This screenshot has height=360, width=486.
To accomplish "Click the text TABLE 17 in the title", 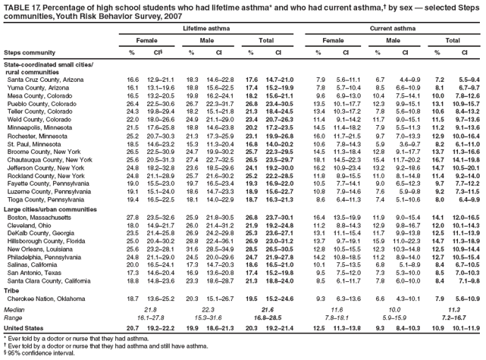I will point(22,5).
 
